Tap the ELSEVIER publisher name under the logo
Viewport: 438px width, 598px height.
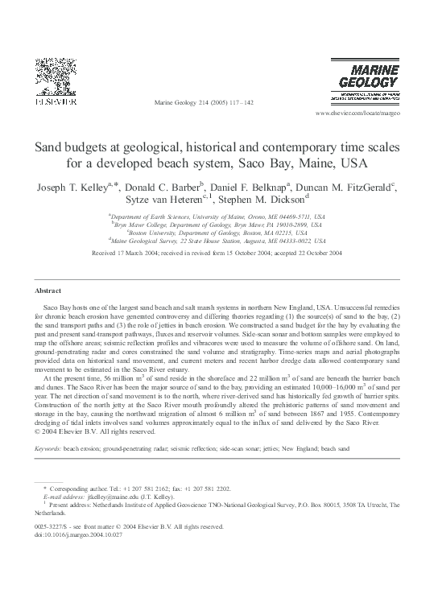tap(52, 104)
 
